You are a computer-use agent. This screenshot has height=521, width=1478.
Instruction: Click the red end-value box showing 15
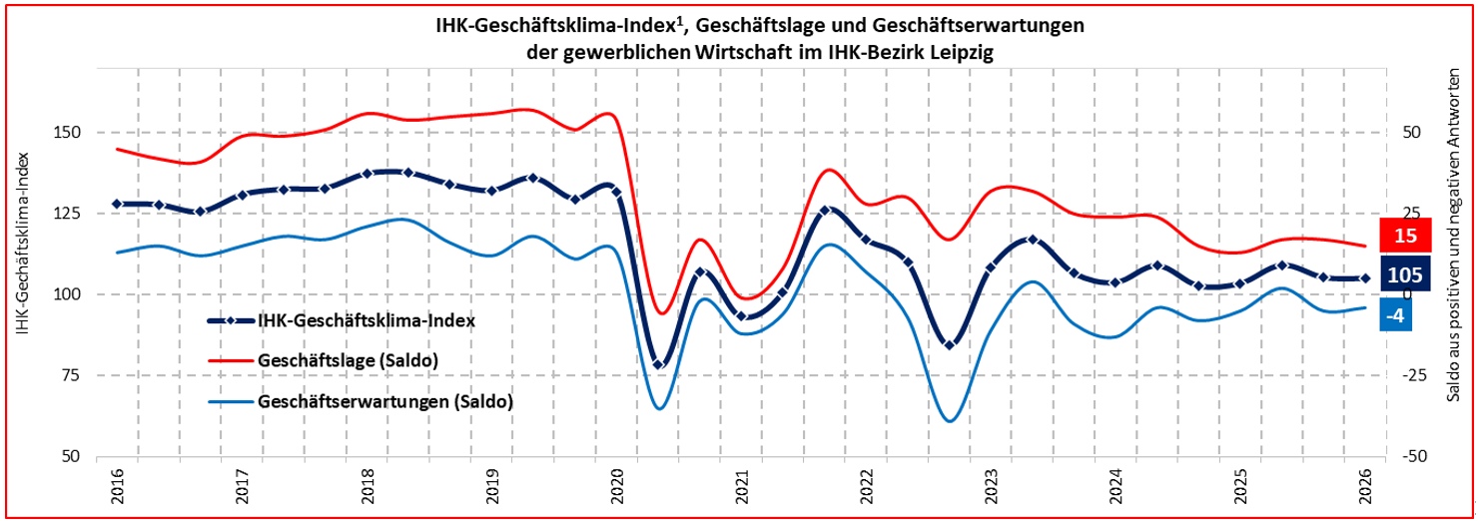1406,236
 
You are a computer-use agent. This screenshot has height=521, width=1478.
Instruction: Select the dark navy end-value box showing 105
1406,274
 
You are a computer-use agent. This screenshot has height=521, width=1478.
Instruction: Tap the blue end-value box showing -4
1396,315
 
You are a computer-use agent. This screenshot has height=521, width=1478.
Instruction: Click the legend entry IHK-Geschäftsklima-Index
366,320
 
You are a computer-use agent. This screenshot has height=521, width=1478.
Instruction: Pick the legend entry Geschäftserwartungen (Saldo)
384,402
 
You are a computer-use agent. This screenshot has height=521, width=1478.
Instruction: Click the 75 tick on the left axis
70,375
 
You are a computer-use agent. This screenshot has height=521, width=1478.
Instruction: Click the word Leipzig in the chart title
960,51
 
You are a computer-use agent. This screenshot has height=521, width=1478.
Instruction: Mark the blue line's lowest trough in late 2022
949,420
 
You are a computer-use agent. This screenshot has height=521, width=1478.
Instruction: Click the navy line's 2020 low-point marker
658,364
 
